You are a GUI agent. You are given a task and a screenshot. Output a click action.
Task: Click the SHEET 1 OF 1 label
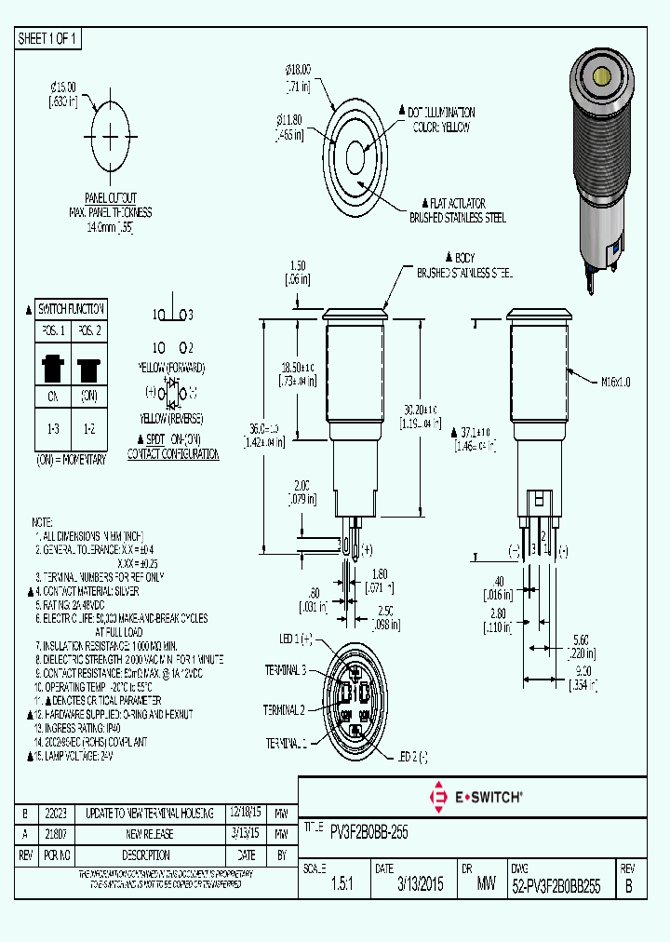coord(49,39)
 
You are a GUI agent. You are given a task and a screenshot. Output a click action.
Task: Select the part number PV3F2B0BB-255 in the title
coord(368,830)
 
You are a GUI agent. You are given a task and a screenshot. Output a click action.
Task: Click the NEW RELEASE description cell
coord(145,834)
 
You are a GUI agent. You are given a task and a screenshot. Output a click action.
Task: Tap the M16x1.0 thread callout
coord(615,381)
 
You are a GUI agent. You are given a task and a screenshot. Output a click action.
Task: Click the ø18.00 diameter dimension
coord(298,69)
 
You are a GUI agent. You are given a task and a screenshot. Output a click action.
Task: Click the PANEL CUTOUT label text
coord(111,198)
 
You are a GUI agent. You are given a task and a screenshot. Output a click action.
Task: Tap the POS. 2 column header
coord(89,331)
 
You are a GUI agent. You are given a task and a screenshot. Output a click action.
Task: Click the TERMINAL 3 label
coord(286,670)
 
